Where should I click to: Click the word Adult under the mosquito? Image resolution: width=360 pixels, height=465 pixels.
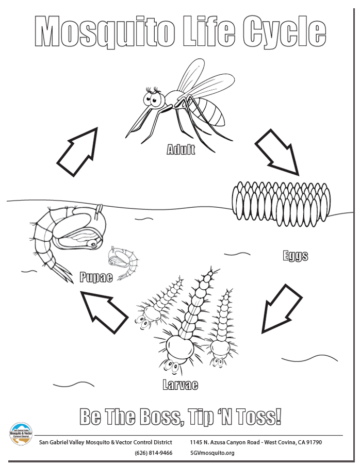pos(181,150)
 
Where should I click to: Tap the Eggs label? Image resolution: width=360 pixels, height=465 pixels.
pos(296,256)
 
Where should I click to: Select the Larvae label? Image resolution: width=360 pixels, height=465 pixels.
pos(180,385)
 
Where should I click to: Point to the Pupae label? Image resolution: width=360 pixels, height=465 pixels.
pos(96,277)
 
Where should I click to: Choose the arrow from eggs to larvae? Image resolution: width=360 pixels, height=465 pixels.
pos(281,309)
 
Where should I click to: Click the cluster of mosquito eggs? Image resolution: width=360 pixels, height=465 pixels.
pos(281,203)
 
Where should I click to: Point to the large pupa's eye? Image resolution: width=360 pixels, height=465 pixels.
pos(93,244)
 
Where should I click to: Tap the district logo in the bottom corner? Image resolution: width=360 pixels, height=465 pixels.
pos(21,434)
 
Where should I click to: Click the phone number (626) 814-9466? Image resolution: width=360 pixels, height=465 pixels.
pos(153,453)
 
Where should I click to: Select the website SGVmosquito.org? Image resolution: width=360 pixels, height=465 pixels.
pos(212,453)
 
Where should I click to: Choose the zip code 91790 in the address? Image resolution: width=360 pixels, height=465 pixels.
pos(314,442)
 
